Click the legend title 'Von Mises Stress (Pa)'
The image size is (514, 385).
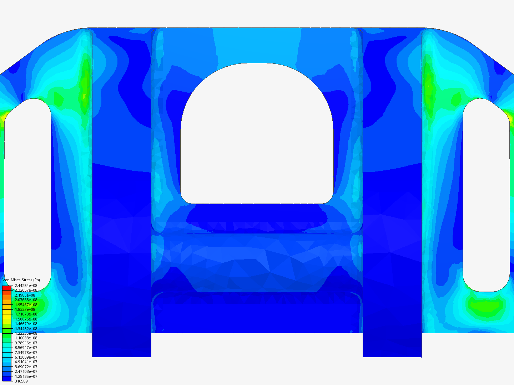(21, 280)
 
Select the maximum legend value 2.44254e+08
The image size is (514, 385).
(26, 286)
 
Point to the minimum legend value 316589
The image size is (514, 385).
(21, 381)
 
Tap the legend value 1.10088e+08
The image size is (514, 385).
(26, 338)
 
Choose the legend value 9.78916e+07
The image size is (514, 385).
(26, 343)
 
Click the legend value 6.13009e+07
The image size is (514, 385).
(26, 357)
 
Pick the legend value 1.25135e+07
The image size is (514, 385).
(26, 376)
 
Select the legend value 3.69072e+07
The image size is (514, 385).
(26, 367)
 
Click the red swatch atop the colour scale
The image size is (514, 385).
(7, 288)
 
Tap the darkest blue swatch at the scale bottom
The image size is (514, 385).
(7, 379)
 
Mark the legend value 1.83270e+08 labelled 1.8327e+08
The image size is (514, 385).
(25, 309)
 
